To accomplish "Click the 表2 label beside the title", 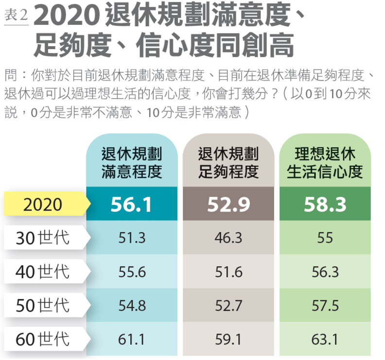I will pyautogui.click(x=16, y=16).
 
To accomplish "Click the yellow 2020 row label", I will pyautogui.click(x=43, y=204).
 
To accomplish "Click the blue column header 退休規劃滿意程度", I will pyautogui.click(x=132, y=163).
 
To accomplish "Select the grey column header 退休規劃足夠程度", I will pyautogui.click(x=228, y=163).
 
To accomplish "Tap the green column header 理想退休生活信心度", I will pyautogui.click(x=325, y=163).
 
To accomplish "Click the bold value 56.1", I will pyautogui.click(x=132, y=205).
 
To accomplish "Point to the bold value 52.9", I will pyautogui.click(x=228, y=205).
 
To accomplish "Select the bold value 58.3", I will pyautogui.click(x=325, y=205).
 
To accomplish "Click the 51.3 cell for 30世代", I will pyautogui.click(x=132, y=238).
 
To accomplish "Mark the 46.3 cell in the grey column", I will pyautogui.click(x=228, y=238).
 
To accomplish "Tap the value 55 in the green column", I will pyautogui.click(x=325, y=238).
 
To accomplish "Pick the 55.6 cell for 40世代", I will pyautogui.click(x=132, y=271).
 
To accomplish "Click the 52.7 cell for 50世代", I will pyautogui.click(x=228, y=306).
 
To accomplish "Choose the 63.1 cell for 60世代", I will pyautogui.click(x=325, y=339).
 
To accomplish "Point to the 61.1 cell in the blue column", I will pyautogui.click(x=132, y=339).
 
